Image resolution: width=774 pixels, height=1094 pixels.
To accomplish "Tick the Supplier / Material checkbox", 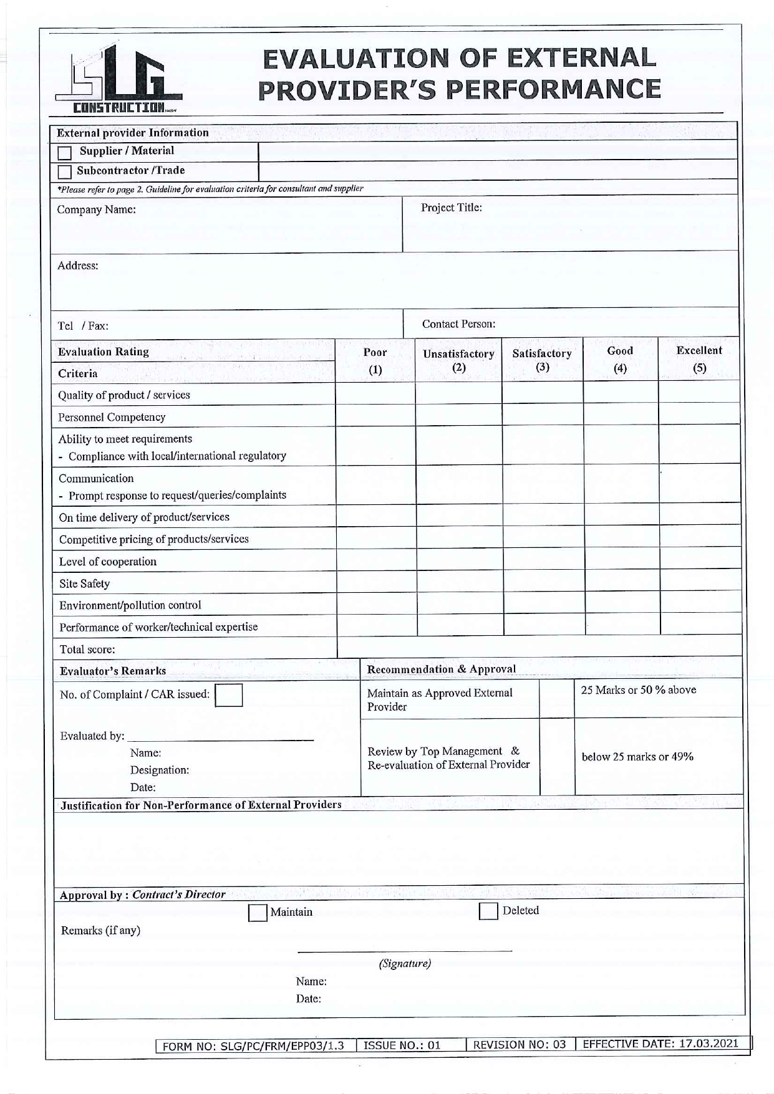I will tap(64, 153).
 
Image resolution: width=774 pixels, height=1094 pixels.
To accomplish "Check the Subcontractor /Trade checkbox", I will tap(64, 172).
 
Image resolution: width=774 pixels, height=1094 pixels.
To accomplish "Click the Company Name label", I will tap(96, 209).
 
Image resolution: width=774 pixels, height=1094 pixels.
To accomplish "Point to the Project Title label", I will tap(451, 208).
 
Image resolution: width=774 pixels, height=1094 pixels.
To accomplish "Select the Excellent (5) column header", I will tap(699, 359).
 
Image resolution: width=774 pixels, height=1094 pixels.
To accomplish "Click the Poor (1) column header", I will tap(375, 360).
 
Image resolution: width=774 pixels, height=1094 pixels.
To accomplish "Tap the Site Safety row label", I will tap(84, 583).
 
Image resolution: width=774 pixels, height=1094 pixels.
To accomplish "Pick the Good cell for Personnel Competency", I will tap(621, 415).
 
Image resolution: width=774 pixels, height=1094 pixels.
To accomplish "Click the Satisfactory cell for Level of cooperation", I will tap(543, 559).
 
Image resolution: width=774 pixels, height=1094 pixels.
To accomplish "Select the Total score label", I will tap(87, 650).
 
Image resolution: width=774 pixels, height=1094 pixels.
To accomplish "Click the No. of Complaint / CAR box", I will tap(228, 695).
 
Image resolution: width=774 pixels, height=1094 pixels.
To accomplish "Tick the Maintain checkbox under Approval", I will tap(257, 913).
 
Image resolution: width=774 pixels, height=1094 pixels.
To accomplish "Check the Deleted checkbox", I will tap(488, 911).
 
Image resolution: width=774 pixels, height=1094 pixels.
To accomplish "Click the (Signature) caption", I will tap(405, 964).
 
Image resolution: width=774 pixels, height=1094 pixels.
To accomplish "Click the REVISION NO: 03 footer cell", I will tap(520, 1045).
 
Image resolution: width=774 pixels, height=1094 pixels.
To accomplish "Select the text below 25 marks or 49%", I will tap(637, 757).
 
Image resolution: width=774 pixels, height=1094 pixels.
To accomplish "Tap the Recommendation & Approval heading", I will tap(441, 669).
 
